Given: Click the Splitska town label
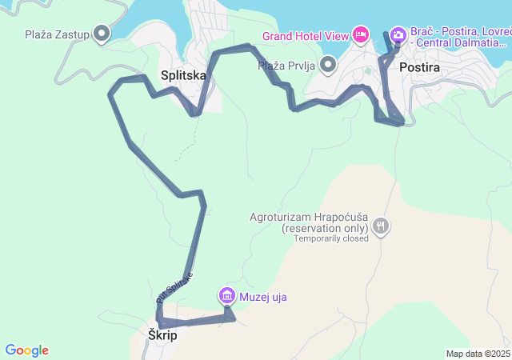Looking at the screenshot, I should [x=183, y=75].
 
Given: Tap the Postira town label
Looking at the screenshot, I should [x=419, y=68].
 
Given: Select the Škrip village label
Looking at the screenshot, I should [x=162, y=336].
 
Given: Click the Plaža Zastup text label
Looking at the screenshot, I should [x=56, y=34].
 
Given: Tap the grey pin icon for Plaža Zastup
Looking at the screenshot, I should [x=102, y=34].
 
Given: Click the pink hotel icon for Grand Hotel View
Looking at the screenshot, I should [x=361, y=34].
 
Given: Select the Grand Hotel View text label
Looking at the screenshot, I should [x=306, y=36].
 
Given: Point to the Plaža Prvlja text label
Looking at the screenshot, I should [x=287, y=65].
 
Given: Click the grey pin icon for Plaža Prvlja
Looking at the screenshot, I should [x=328, y=64].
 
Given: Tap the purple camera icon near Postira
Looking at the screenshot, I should [x=398, y=34].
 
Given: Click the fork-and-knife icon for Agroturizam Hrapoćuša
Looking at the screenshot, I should [x=382, y=226].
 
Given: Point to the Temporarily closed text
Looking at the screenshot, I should [x=331, y=238].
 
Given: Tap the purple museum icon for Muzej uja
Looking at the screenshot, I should [x=226, y=297].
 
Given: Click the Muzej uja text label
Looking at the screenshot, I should [x=262, y=298].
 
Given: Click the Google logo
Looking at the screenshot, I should [x=26, y=350].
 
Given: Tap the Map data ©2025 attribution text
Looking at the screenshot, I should [x=478, y=354].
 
